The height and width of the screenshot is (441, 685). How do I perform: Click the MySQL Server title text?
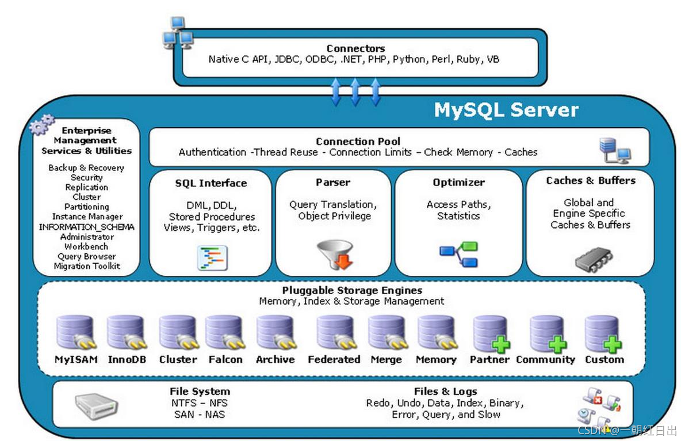pyautogui.click(x=506, y=109)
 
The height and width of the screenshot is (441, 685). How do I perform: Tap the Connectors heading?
pyautogui.click(x=355, y=48)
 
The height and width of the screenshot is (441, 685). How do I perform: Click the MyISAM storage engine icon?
pyautogui.click(x=75, y=333)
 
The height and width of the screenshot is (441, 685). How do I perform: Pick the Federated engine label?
pyautogui.click(x=334, y=359)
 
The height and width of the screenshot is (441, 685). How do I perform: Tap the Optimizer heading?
pyautogui.click(x=458, y=183)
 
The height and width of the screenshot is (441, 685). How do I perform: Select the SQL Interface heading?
pyautogui.click(x=211, y=183)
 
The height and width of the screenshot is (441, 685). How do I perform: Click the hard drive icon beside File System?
pyautogui.click(x=96, y=405)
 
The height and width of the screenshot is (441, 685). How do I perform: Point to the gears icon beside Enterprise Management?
pyautogui.click(x=42, y=124)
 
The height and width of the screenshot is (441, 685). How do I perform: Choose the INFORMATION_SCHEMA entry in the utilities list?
pyautogui.click(x=86, y=227)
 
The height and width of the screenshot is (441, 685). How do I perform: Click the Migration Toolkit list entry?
pyautogui.click(x=87, y=266)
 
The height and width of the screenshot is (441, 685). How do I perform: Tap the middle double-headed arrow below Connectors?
pyautogui.click(x=355, y=92)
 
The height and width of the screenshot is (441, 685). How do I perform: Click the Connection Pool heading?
pyautogui.click(x=358, y=141)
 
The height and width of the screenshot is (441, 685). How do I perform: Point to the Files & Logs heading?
pyautogui.click(x=445, y=391)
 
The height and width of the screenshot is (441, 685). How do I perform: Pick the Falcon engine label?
pyautogui.click(x=225, y=359)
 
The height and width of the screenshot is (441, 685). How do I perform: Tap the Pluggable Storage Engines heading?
pyautogui.click(x=352, y=290)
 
